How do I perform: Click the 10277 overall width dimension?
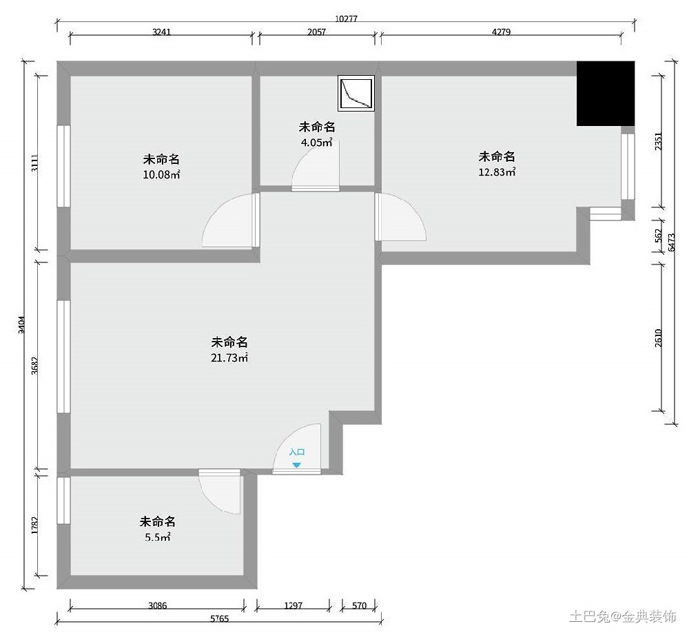(347, 19)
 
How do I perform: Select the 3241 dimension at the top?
(161, 32)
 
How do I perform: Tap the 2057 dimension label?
(316, 32)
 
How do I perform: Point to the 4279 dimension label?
(501, 32)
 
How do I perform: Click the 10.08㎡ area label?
(161, 174)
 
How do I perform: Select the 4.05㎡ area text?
(316, 143)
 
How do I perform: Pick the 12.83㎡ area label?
(497, 171)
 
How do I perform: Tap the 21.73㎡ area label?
(229, 357)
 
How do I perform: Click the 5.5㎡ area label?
(157, 537)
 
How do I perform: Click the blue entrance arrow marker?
(296, 465)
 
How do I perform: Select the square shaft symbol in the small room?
(356, 93)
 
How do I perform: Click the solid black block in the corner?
(606, 94)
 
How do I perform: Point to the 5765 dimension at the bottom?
(219, 618)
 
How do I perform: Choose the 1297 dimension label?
(293, 605)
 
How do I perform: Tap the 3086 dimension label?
(157, 605)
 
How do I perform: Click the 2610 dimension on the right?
(658, 338)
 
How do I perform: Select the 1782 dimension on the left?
(34, 525)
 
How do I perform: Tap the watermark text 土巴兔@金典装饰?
(623, 616)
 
